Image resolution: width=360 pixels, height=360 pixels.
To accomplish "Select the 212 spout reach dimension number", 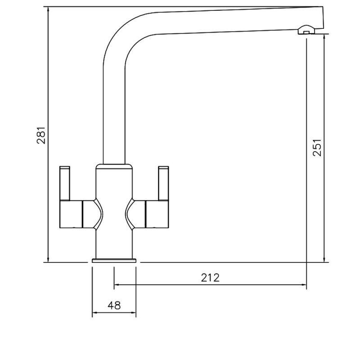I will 210,277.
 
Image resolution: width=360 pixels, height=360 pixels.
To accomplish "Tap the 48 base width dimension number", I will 114,306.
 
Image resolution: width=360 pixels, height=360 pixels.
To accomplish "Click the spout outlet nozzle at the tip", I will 306,31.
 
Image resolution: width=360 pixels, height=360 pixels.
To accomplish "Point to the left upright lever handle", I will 66,182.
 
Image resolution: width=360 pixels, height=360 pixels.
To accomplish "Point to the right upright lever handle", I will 162,182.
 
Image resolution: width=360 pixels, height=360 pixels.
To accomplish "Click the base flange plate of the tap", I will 114,261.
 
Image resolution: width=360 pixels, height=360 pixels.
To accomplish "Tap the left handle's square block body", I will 71,214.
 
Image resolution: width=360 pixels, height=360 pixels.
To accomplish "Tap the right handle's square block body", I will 157,214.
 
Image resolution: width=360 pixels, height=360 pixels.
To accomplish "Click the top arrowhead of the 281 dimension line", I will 48,9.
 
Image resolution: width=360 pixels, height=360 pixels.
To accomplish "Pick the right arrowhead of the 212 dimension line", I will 304,285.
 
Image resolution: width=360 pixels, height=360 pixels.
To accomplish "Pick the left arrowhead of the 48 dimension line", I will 94,313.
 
